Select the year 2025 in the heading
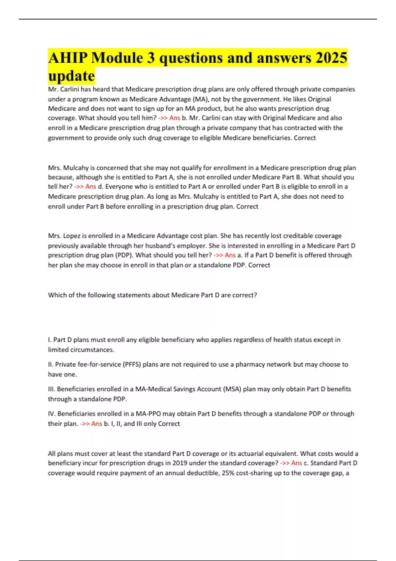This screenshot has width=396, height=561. tap(331, 58)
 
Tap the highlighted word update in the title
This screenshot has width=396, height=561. tap(71, 76)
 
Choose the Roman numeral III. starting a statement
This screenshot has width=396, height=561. tap(51, 389)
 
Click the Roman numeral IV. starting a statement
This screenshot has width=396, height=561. tap(52, 414)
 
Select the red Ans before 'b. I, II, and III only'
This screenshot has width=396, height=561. tap(97, 424)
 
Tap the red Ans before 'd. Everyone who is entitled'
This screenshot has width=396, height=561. tap(91, 186)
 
